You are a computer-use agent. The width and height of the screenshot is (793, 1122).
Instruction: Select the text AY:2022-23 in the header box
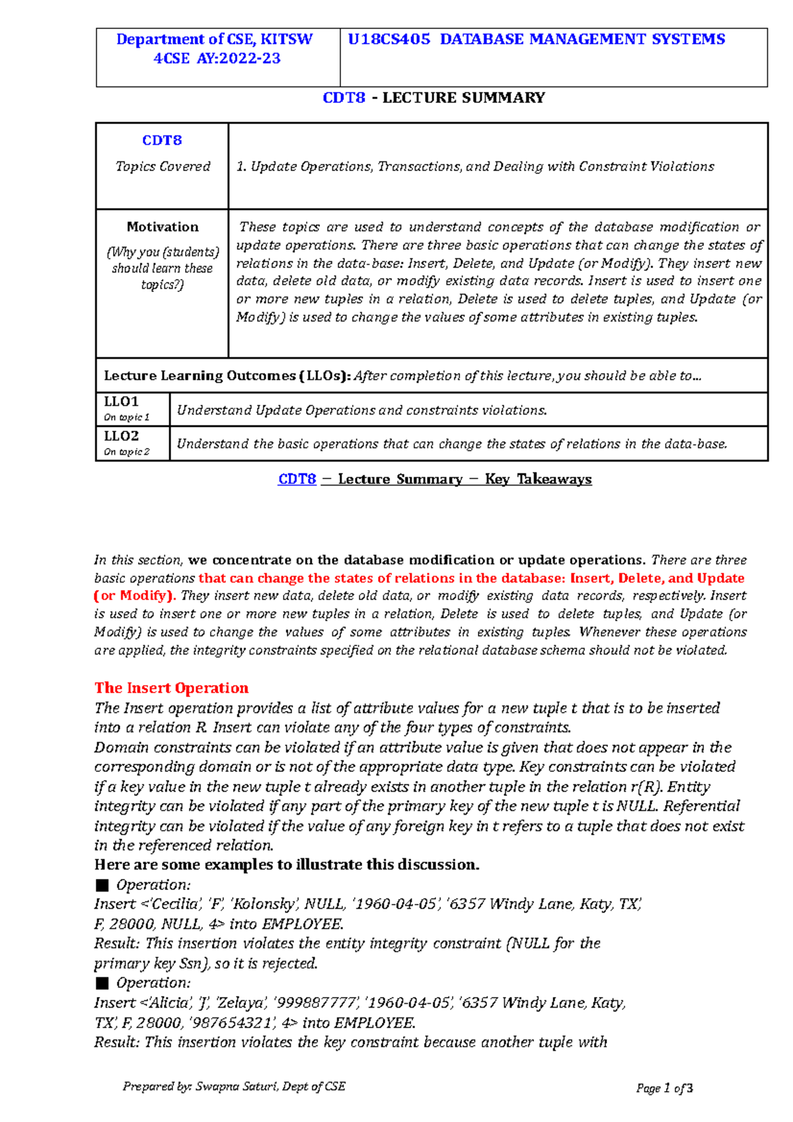pyautogui.click(x=239, y=59)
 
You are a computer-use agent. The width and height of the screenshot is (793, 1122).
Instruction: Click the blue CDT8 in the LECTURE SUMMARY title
pyautogui.click(x=344, y=98)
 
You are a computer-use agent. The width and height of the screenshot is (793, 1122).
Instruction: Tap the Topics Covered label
pyautogui.click(x=163, y=167)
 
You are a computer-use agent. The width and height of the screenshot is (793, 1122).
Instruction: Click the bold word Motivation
pyautogui.click(x=163, y=227)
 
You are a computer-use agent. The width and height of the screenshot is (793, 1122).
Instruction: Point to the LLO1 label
pyautogui.click(x=122, y=402)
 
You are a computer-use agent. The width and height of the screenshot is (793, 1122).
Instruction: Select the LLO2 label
pyautogui.click(x=122, y=436)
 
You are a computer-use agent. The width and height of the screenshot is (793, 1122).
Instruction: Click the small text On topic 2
pyautogui.click(x=127, y=452)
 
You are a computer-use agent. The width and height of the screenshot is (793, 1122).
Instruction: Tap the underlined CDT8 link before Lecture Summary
pyautogui.click(x=297, y=479)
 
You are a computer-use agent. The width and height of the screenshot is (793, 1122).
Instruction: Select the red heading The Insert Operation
pyautogui.click(x=171, y=689)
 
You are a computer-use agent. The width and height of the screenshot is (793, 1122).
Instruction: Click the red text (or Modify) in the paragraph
pyautogui.click(x=134, y=595)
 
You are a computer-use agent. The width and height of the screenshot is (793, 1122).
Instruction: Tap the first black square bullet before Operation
pyautogui.click(x=102, y=885)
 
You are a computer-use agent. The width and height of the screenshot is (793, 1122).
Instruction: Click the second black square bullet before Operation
pyautogui.click(x=102, y=983)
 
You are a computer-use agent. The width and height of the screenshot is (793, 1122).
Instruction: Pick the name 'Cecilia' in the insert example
pyautogui.click(x=176, y=905)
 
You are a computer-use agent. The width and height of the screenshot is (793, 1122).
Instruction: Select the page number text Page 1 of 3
pyautogui.click(x=664, y=1088)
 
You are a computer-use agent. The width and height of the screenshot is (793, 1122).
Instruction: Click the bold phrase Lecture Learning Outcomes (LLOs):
pyautogui.click(x=227, y=376)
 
